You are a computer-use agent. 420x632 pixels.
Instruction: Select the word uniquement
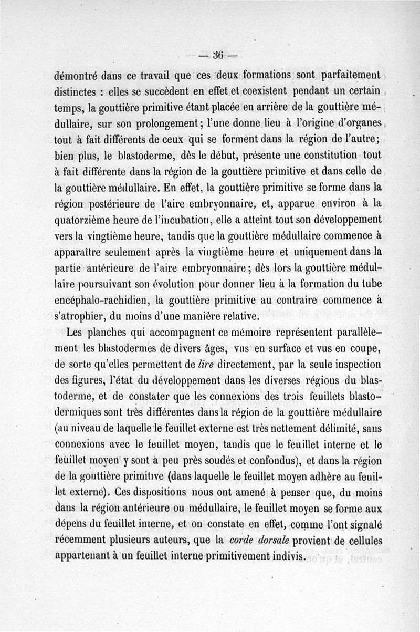(x=295, y=252)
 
